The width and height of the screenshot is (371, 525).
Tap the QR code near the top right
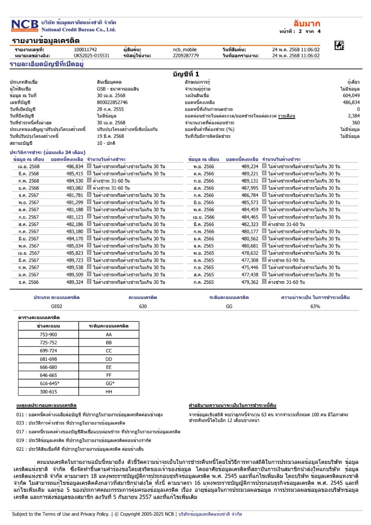339,46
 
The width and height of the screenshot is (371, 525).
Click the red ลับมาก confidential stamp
307,23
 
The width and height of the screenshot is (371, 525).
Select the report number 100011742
85,50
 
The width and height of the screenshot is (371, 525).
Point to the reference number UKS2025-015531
92,55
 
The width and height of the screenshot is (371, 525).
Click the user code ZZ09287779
186,55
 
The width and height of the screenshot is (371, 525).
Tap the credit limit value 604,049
351,95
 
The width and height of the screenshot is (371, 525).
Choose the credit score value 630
143,306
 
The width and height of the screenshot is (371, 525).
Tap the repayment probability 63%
315,306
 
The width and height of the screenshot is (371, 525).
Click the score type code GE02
57,306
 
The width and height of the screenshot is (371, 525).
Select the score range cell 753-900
48,334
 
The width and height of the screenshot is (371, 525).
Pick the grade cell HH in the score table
109,391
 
